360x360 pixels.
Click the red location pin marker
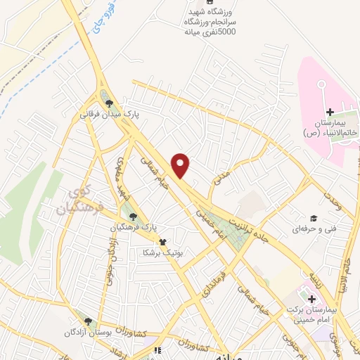181,165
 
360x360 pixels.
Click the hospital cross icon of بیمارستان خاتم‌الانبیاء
330,112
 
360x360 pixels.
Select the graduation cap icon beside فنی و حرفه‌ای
314,219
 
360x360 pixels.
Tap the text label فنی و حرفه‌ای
314,229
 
